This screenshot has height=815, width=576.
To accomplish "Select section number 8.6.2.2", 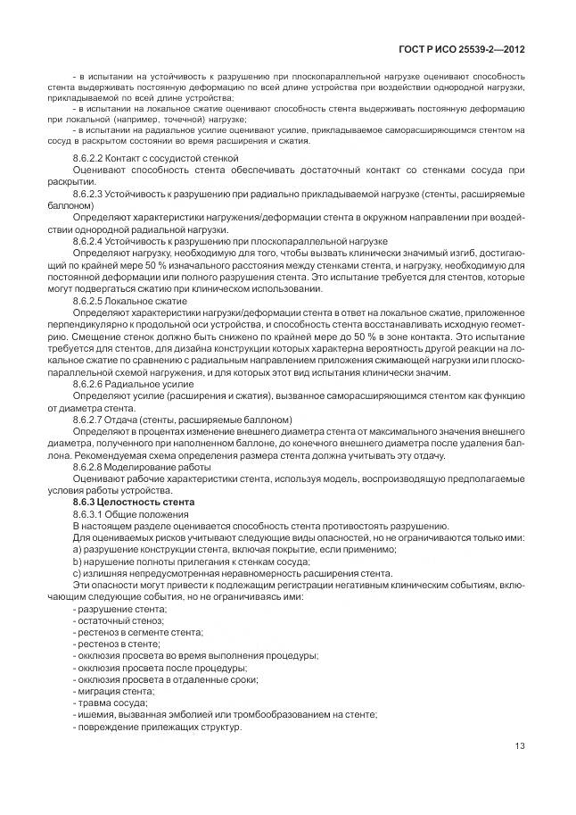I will (x=92, y=158).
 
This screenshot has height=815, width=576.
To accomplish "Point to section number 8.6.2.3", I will (x=92, y=193).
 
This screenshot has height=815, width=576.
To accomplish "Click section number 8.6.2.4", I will (x=92, y=241).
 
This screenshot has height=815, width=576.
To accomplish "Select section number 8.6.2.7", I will (x=92, y=420).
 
